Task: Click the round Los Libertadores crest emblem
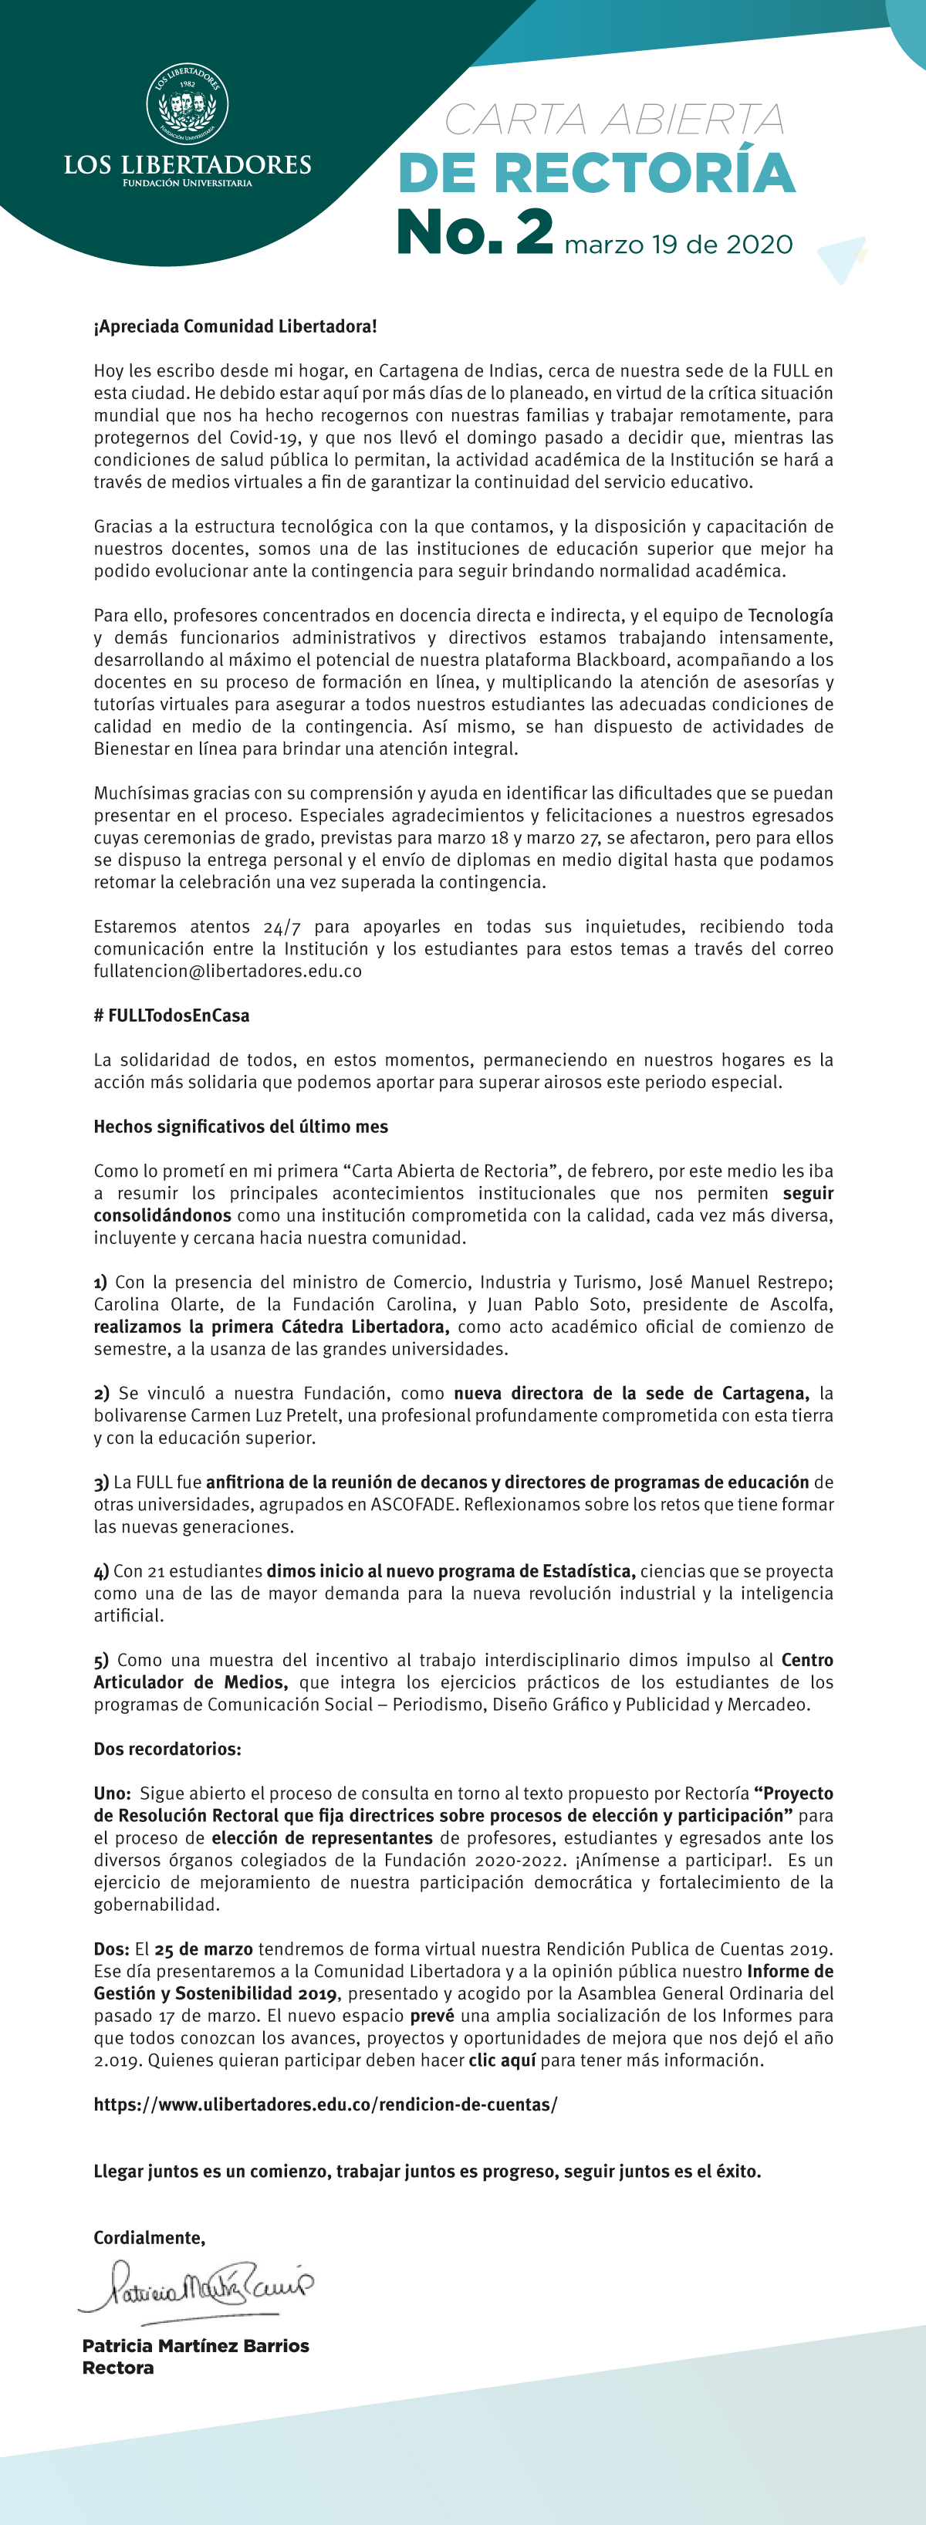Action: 188,103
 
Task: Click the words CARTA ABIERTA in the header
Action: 614,120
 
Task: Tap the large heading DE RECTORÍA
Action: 596,174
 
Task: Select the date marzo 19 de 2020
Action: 678,244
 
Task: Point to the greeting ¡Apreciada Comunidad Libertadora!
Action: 235,326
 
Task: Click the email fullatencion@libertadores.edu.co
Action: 228,972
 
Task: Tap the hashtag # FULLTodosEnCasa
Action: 171,1016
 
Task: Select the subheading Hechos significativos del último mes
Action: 241,1126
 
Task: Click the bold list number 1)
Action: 101,1282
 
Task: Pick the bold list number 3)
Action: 101,1482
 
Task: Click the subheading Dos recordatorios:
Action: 167,1749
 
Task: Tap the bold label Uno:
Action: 113,1793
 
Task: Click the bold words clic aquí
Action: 502,2060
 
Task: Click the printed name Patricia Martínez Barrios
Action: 196,2346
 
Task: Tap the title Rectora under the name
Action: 117,2368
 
